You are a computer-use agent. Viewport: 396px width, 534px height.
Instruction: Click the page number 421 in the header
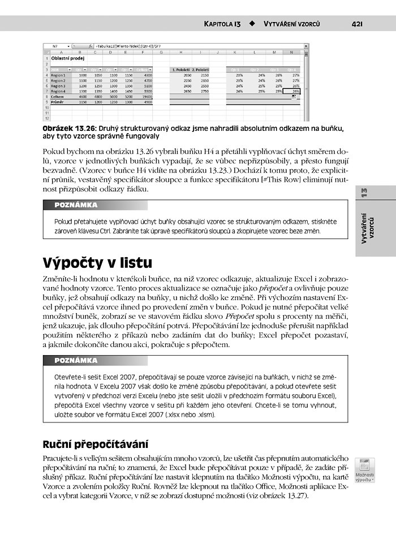pos(356,24)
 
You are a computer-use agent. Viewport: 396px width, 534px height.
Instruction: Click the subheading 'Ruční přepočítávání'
pos(95,443)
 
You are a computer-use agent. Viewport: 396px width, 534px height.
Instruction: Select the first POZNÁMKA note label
pos(76,205)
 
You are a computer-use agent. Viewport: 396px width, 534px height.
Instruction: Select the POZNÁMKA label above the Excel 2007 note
pos(76,360)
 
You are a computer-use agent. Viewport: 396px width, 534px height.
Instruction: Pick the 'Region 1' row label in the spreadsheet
pos(58,75)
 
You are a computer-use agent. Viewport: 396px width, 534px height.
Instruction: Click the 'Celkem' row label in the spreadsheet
pos(58,96)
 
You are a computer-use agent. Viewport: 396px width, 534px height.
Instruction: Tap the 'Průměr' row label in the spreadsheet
pos(58,101)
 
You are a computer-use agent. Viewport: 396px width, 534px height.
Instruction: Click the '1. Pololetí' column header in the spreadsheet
pos(180,69)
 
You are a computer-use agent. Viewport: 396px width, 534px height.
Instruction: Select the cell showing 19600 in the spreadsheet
pos(148,96)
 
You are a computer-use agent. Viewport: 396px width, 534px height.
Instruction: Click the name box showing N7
pos(55,45)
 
